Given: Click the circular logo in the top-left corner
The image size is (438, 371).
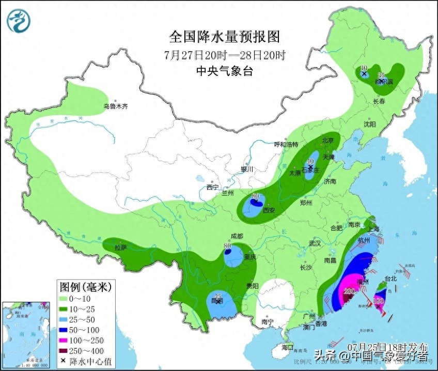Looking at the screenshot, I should pos(19,20).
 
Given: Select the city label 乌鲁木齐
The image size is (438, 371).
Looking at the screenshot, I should pos(115,107).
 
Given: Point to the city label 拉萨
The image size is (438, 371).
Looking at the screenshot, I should pos(120,248).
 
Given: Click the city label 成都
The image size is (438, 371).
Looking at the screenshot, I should pos(237,236).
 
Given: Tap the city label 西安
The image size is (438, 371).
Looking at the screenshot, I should pos(268,211).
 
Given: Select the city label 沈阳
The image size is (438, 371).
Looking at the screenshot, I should pos(369,125).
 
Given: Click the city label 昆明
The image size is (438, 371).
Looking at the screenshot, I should pos(217,301).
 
